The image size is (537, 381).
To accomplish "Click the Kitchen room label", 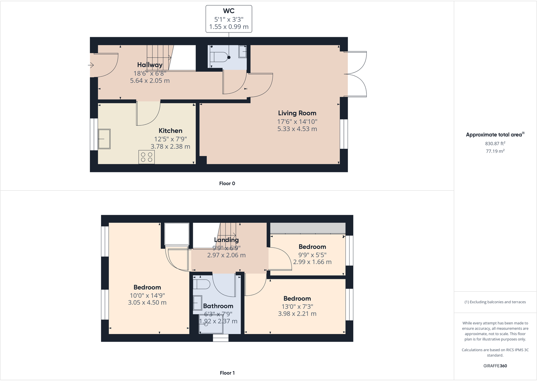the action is point(171,131).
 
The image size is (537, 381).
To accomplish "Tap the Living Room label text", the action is point(297,113).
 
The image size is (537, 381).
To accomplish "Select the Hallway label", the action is point(150,65).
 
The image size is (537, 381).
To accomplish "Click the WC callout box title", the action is point(229,11).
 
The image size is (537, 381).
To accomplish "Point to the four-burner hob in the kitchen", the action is point(147,157).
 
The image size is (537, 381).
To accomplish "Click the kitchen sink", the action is point(104,139).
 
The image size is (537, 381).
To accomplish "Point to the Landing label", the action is point(226,240).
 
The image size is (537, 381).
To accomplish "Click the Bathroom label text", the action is point(218,306).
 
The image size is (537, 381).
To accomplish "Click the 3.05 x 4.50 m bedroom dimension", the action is point(147,303).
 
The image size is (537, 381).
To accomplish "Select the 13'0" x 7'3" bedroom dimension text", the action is point(297,307).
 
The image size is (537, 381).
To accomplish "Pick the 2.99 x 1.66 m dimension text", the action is point(312,262).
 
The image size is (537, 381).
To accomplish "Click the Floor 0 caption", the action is point(227,184).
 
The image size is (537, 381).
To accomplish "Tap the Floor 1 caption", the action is point(227,373).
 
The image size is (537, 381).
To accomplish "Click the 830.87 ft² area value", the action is point(495,143).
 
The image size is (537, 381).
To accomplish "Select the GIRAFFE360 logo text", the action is point(495,366).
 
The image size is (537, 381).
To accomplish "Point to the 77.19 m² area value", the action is point(495,151).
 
